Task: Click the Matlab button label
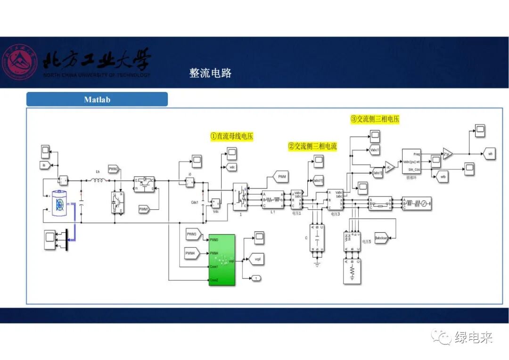tap(97, 99)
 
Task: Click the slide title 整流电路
tap(210, 73)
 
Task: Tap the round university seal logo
tap(19, 63)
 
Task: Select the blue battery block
tap(60, 204)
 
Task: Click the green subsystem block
tap(222, 260)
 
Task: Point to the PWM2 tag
tap(114, 169)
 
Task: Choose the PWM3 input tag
tap(192, 234)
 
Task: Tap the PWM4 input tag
tap(191, 254)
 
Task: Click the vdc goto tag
tap(232, 167)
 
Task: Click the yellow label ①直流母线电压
tap(232, 136)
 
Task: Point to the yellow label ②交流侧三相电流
tap(312, 147)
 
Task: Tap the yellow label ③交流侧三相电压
tap(375, 119)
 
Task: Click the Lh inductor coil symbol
tap(98, 180)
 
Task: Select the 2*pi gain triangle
tap(447, 154)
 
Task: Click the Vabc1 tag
tap(375, 150)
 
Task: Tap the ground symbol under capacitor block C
tap(317, 264)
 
